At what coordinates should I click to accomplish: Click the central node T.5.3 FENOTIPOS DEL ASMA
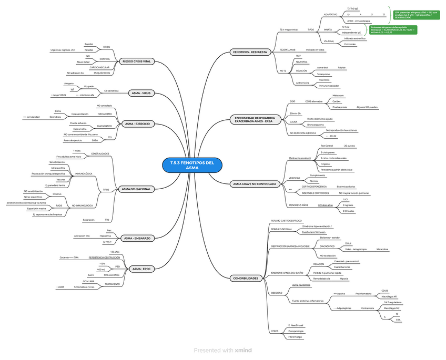coord(192,165)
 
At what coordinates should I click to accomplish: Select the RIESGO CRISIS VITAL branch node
coord(136,61)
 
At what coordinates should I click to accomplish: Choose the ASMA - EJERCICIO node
coord(137,124)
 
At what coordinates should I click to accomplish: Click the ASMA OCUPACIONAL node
coord(136,189)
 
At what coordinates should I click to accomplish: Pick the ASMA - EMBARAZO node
coord(137,238)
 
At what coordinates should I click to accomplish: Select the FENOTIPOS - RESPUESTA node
coord(250,52)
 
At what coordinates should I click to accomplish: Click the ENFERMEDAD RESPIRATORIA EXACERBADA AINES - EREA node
coord(255,120)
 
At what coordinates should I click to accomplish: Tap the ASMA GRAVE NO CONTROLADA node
coord(254,184)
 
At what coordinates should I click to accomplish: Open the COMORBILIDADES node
coord(245,278)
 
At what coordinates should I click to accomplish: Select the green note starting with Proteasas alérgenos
coord(392,29)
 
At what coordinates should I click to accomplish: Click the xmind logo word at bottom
coord(243,350)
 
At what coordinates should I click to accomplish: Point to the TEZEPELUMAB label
coord(287,49)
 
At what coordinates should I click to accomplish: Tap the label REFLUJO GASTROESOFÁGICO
coord(286,220)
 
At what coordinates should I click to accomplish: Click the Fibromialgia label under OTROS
coord(295,337)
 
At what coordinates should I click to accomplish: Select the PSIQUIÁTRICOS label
coord(102,73)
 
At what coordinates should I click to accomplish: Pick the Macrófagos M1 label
coord(389,296)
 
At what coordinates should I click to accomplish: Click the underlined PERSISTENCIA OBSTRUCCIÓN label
coord(104,258)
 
